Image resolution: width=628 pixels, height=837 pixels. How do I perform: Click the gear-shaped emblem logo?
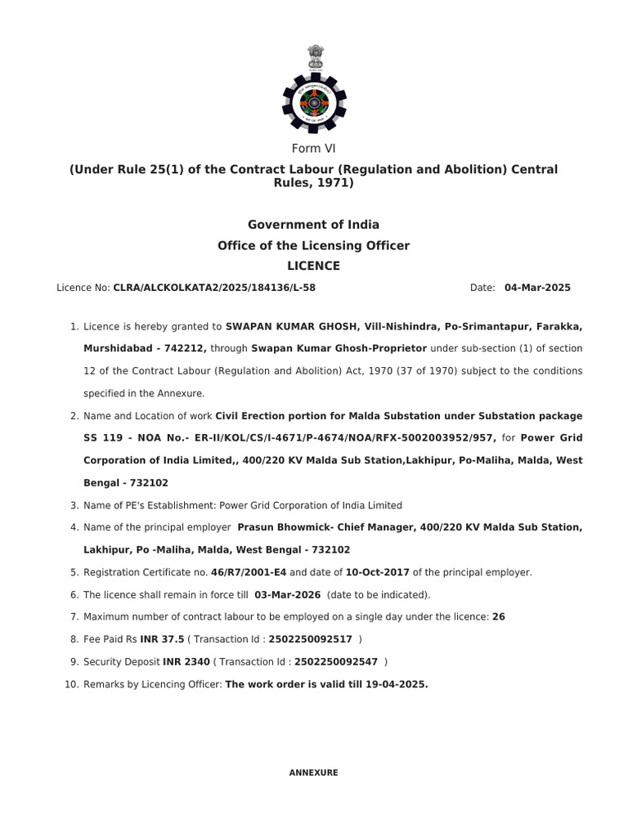314,101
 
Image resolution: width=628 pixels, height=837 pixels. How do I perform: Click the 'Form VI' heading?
314,148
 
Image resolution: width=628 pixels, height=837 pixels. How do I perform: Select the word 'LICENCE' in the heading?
313,266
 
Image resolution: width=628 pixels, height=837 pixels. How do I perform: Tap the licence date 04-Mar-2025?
537,288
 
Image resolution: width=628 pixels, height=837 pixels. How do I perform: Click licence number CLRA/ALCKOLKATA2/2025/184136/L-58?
214,288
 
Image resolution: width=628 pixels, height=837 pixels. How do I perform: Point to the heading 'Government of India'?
314,224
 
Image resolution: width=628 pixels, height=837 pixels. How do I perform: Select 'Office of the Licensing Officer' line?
314,245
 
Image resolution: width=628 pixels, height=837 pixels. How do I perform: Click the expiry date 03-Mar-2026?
285,594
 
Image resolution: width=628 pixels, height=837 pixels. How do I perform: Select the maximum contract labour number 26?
499,616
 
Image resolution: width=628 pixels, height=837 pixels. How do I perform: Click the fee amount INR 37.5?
162,639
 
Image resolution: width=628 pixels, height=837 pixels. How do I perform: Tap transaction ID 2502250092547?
336,661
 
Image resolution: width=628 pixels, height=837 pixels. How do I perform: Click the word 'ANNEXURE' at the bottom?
313,772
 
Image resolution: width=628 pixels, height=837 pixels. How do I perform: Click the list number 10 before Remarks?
70,683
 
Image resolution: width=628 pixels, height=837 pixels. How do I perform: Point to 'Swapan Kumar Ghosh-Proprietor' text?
339,348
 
